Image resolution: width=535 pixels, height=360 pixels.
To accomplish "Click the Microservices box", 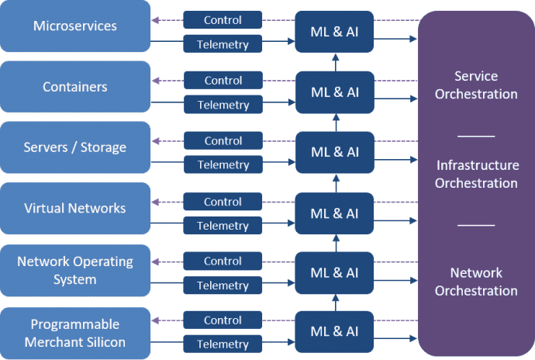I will coord(75,26).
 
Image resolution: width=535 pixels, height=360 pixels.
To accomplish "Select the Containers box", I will coord(75,87).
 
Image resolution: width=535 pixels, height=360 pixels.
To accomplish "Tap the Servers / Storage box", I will coord(75,147).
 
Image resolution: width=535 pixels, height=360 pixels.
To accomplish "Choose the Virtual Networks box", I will coord(75,208).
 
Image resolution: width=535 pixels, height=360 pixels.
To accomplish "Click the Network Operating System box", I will coord(75,269).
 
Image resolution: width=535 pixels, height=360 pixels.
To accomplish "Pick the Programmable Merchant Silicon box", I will coord(75,331).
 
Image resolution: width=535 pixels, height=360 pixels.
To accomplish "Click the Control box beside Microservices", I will coord(223,19).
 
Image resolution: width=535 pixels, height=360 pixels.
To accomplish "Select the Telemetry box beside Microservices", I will coord(223,45).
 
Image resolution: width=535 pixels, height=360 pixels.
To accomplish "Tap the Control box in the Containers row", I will coord(223,80).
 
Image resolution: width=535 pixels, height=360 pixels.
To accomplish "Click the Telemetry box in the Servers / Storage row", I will coord(223,165).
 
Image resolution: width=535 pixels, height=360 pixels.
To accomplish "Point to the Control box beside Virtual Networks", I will coord(223,202).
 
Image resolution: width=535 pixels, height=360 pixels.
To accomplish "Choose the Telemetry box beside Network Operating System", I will coord(223,286).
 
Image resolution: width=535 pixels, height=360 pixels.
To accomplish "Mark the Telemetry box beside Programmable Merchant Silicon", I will coord(223,344).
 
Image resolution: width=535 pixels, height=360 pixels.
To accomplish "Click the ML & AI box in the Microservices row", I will coord(335,33).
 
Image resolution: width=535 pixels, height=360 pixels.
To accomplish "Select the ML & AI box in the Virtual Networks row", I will coord(335,213).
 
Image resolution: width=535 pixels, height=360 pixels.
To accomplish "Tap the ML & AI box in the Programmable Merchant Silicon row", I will coord(335,331).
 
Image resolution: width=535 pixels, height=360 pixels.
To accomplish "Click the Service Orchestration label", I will coord(476,85).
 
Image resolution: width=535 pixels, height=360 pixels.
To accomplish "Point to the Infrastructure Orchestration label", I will coord(476,175).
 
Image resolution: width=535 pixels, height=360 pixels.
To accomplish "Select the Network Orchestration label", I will coord(476,282).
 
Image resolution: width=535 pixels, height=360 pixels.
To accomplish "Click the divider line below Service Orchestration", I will coord(476,136).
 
